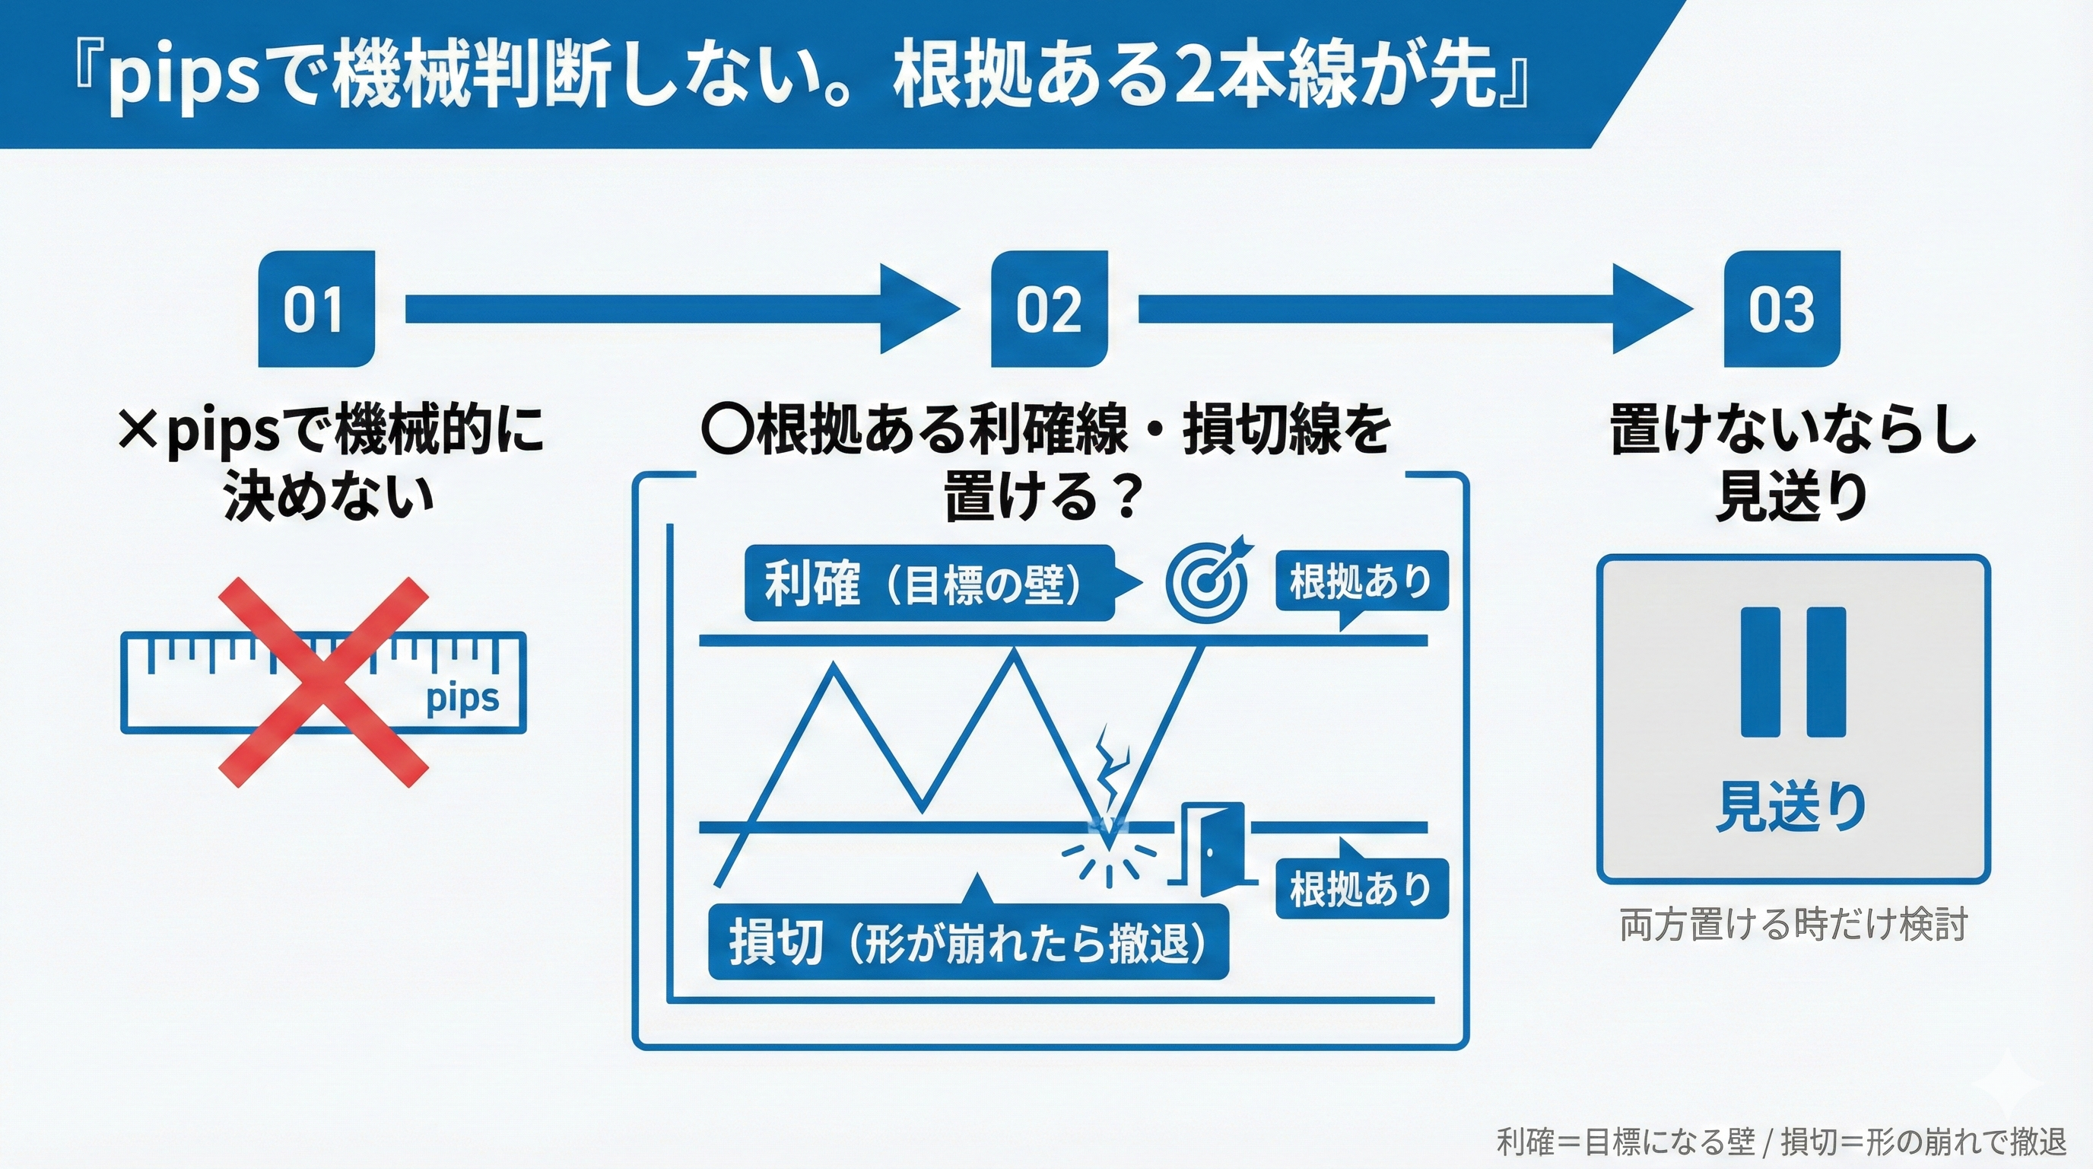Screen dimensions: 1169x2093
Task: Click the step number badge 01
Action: click(316, 310)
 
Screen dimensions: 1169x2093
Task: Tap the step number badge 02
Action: click(1049, 310)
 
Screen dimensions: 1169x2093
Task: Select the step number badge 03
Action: click(1782, 310)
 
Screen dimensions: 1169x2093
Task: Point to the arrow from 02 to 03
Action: click(1414, 310)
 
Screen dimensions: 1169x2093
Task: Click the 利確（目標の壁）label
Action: click(929, 583)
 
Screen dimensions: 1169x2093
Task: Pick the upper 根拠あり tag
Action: click(1361, 581)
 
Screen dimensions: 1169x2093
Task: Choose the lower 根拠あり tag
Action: click(1361, 888)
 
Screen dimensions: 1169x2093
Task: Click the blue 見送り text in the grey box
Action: click(1792, 806)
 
